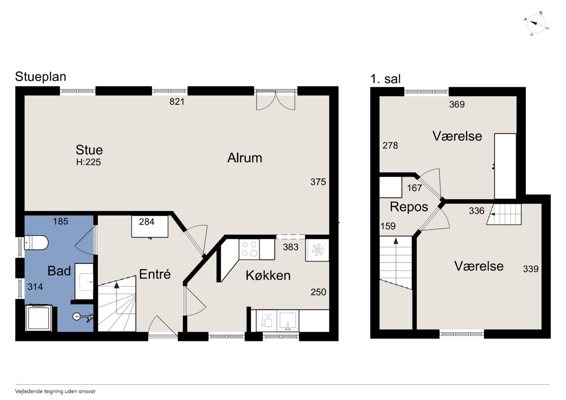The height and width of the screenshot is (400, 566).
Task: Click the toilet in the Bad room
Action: pos(36,243)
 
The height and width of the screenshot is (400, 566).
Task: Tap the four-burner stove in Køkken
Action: pos(249,249)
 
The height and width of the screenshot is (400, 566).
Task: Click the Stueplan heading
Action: pos(41,76)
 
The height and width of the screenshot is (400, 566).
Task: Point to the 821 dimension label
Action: pos(177,102)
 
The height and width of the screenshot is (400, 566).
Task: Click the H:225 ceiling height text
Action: pos(88,162)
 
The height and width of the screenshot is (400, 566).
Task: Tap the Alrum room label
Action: pos(245,158)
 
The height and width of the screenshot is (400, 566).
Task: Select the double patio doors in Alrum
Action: pos(275,100)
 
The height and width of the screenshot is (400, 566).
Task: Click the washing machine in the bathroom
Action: pos(39,318)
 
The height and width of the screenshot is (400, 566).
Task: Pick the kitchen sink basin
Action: pos(287,321)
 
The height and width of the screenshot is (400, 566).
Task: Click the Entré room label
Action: pos(155,274)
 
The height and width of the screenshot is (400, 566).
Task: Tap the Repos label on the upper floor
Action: pos(409,207)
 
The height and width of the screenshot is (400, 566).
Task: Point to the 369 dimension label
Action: pos(457,104)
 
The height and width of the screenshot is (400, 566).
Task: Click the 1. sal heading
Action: pos(385,79)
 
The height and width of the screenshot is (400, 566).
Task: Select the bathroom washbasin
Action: pos(84,281)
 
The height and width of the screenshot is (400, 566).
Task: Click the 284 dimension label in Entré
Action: pos(146,222)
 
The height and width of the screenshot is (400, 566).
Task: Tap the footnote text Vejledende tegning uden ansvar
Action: pos(55,392)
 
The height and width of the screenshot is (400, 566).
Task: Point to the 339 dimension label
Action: pos(531,269)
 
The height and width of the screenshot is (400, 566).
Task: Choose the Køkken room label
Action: pos(268,275)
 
